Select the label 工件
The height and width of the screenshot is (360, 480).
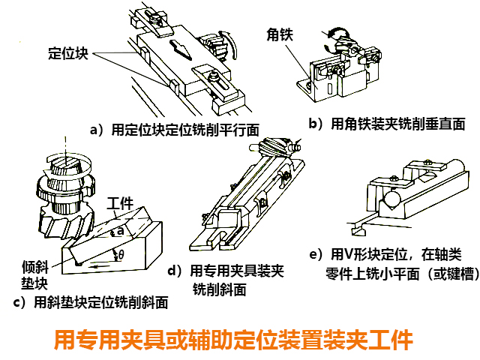coord(120,203)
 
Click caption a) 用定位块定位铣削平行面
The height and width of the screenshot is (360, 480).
coord(179,129)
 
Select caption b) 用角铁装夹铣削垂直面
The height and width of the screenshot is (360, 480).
coord(387,123)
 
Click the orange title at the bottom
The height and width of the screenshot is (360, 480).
coord(234,340)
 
